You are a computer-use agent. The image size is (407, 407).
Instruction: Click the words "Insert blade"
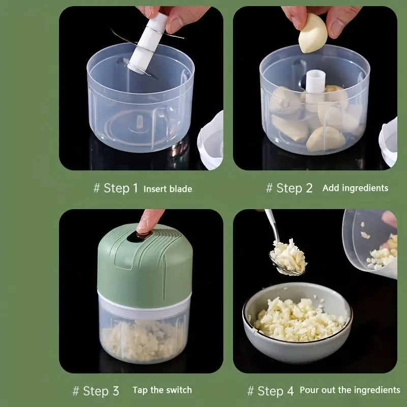[168, 189]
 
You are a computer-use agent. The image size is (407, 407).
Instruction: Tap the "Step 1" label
[121, 188]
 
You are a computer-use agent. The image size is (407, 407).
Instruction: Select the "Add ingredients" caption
[355, 188]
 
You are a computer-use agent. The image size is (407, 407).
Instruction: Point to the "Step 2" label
[295, 188]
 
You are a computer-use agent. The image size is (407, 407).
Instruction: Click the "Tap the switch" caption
[162, 390]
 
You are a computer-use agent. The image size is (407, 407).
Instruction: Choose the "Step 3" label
[101, 391]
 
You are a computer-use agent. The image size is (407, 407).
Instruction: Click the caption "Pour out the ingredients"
[350, 390]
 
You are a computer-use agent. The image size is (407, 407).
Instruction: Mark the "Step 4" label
[275, 391]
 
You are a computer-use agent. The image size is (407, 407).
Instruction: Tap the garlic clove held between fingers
[313, 33]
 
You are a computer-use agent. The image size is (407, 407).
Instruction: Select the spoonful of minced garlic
[288, 256]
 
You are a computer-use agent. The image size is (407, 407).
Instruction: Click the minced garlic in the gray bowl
[299, 320]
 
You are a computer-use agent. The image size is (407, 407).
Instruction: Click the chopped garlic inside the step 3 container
[142, 340]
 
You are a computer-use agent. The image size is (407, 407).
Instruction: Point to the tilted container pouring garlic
[370, 243]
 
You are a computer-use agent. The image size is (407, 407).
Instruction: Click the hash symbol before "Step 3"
[75, 391]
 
